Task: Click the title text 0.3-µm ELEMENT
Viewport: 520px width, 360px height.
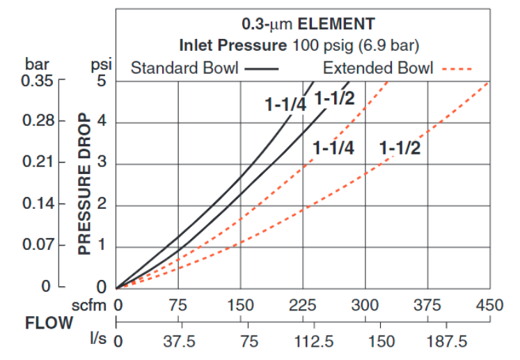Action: (308, 24)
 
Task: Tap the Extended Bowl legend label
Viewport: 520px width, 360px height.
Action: (378, 68)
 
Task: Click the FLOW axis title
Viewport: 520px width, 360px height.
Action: (49, 323)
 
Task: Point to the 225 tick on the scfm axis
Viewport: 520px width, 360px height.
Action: (303, 305)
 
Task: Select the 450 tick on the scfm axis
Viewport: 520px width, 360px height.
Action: (489, 305)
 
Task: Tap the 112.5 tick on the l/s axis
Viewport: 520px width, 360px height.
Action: (303, 343)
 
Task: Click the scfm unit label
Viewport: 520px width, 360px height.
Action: (89, 305)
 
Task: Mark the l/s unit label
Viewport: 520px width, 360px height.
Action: (97, 341)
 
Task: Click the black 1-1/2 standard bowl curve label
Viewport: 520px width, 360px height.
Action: (335, 98)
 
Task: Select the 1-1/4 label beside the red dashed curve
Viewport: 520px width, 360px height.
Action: (333, 148)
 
